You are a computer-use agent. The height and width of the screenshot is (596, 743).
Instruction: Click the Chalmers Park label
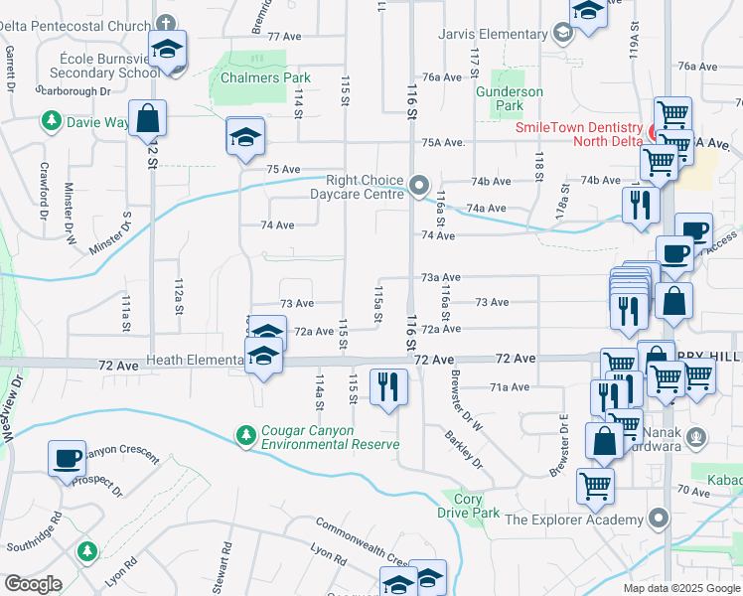[265, 77]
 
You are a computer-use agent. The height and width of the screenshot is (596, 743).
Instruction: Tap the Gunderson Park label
[510, 98]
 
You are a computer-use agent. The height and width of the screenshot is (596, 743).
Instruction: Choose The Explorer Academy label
[574, 520]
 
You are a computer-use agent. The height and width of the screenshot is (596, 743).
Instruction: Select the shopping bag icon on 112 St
[147, 119]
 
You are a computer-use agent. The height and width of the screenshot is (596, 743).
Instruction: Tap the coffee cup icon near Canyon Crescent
[68, 458]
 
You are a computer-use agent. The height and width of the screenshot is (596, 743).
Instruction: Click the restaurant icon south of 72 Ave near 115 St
[387, 385]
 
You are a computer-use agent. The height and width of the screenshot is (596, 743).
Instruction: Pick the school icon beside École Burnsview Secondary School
[168, 49]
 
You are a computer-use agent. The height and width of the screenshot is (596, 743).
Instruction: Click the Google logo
[33, 584]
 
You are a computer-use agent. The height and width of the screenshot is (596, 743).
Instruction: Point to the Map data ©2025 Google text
[680, 588]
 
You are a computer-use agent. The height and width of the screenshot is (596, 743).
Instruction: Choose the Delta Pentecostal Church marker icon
[165, 22]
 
